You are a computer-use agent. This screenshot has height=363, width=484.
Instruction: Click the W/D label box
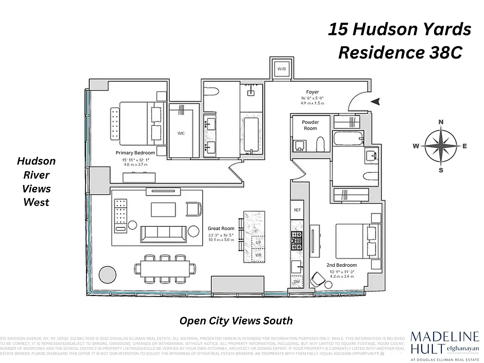point(282,69)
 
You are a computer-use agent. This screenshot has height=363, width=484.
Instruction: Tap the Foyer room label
point(313,92)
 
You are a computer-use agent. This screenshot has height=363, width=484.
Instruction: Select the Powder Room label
point(310,125)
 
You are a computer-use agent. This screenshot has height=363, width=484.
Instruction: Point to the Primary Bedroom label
point(135,153)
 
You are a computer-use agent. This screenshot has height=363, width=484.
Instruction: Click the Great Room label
point(221,229)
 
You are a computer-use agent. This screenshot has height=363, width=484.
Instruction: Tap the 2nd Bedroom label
point(342,265)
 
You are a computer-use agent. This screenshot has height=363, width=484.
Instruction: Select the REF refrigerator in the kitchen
point(297,210)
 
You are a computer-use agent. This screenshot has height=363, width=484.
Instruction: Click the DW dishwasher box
point(297,282)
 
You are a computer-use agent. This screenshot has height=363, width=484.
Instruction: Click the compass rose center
point(440,146)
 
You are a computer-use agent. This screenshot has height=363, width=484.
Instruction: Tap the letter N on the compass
point(440,122)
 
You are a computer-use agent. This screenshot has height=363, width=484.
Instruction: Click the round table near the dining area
point(108,275)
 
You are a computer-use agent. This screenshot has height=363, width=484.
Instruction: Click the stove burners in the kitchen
point(297,241)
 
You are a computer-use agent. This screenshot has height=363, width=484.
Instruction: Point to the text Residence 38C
point(400,53)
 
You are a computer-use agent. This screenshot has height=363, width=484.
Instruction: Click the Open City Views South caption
point(236,321)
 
